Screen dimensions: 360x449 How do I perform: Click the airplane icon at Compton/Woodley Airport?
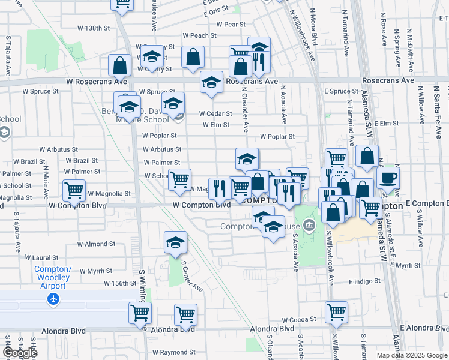point(54,298)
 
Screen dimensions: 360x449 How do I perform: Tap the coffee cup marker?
point(388,178)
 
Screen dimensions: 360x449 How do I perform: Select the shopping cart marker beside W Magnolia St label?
point(74,190)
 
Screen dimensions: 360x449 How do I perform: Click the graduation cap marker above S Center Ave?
point(175,242)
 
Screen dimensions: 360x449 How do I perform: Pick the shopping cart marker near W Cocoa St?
point(336,311)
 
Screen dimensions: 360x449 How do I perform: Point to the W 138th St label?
point(95,28)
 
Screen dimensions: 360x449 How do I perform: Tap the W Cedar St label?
point(215,113)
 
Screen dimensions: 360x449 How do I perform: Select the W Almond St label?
point(96,244)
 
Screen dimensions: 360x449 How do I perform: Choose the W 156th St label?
point(121,283)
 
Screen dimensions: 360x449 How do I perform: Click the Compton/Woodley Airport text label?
point(53,273)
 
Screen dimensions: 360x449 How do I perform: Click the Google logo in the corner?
point(20,353)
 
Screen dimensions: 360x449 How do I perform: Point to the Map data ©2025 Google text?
point(411,355)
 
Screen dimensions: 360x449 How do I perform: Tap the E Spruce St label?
point(341,91)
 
